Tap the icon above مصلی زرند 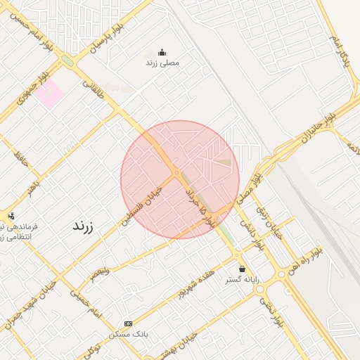point(162,51)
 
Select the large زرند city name point(83,226)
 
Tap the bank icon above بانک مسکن point(128,323)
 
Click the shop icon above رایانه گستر point(243,269)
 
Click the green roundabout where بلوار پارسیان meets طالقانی point(67,60)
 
